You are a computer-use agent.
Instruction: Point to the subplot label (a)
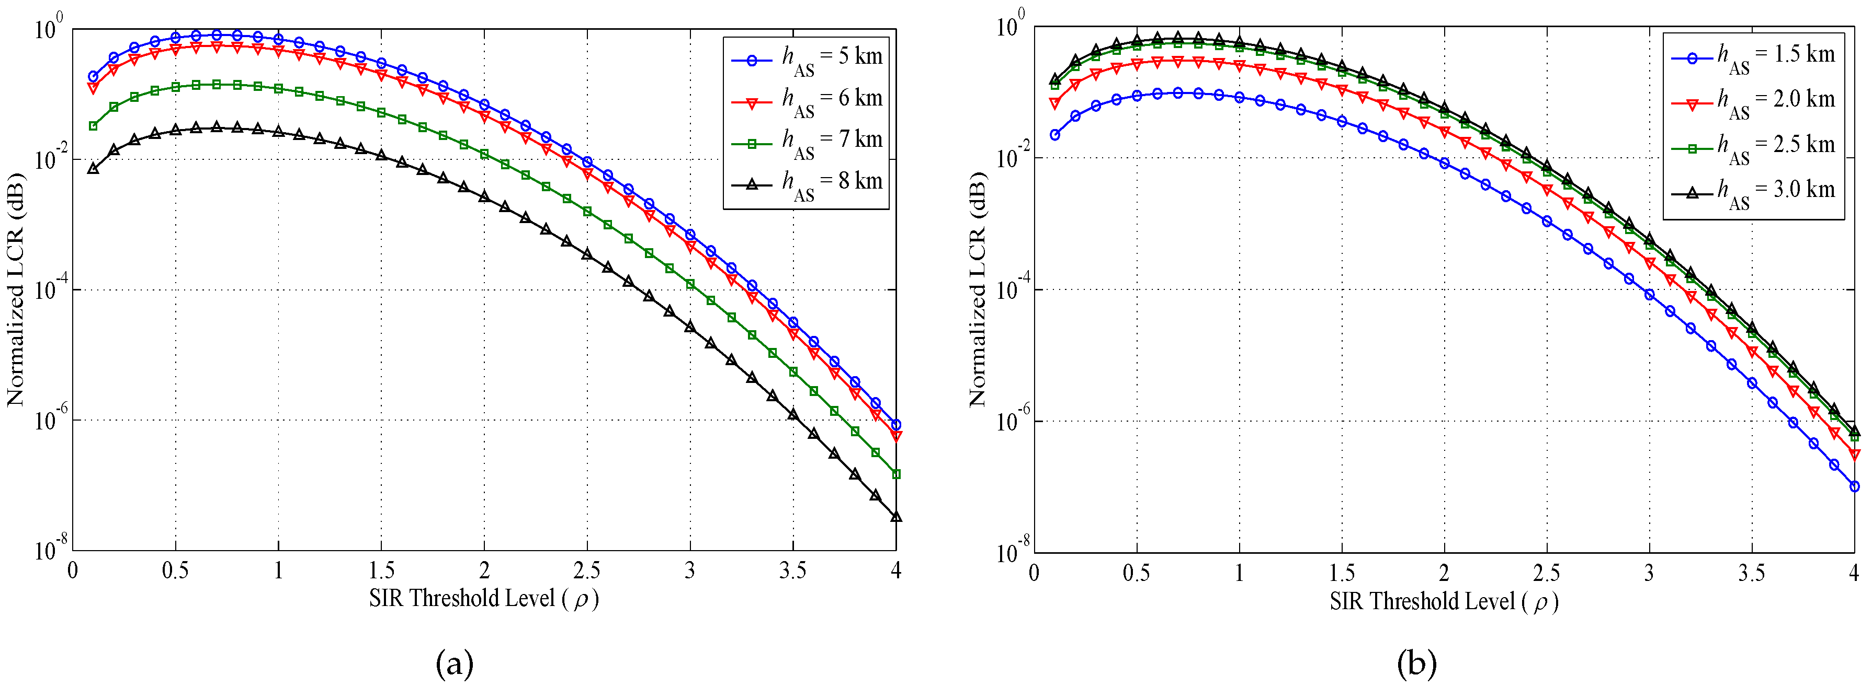(455, 663)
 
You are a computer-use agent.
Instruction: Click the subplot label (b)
(1416, 663)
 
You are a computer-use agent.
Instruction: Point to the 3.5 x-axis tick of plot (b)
(1751, 574)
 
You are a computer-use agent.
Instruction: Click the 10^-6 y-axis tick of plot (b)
(1012, 421)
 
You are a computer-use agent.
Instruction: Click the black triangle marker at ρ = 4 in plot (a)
(896, 517)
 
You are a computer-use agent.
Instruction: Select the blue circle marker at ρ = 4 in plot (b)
(1855, 486)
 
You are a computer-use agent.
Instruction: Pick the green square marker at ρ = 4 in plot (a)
(896, 474)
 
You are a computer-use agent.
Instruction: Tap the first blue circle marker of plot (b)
(1054, 135)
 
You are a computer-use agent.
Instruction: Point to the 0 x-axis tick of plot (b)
(1034, 574)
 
